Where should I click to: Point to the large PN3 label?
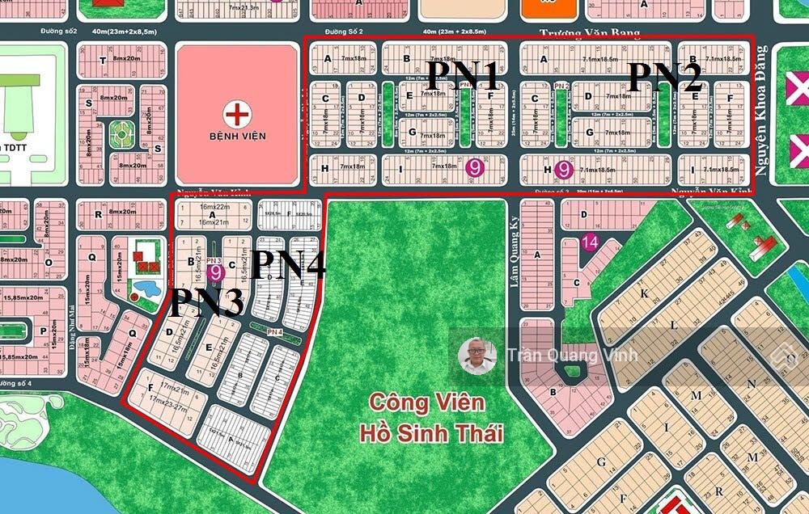(x=205, y=303)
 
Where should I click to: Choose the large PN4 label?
(x=289, y=265)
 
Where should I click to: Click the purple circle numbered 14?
(x=590, y=241)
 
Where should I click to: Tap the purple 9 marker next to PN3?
(x=215, y=272)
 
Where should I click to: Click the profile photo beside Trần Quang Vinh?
(x=477, y=356)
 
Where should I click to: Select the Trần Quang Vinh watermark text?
(x=572, y=355)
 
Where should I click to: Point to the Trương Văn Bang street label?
(x=590, y=33)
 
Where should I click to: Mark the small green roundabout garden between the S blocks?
(x=121, y=133)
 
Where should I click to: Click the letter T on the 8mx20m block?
(x=102, y=61)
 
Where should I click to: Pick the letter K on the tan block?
(x=644, y=295)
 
